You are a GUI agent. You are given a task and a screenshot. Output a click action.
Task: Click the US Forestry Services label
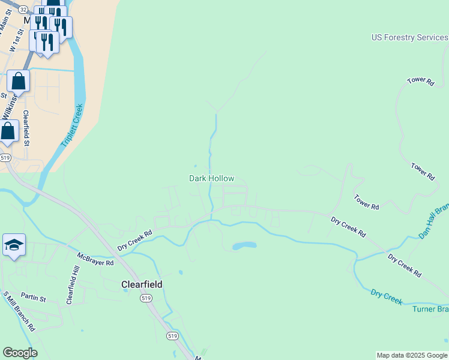pyautogui.click(x=409, y=37)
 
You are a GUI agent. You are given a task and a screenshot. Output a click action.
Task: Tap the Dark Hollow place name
pyautogui.click(x=211, y=178)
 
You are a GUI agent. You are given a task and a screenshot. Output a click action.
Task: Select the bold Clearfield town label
pyautogui.click(x=142, y=284)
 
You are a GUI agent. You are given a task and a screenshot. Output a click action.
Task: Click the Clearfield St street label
pyautogui.click(x=26, y=128)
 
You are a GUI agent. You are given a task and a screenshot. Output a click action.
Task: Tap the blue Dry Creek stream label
pyautogui.click(x=386, y=296)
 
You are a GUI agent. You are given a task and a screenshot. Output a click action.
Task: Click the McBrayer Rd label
pyautogui.click(x=95, y=259)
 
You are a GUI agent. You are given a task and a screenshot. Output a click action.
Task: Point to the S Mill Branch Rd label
pyautogui.click(x=19, y=312)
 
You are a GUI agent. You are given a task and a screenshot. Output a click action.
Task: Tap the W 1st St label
pyautogui.click(x=16, y=40)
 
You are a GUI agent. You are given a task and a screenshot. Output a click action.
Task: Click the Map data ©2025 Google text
pyautogui.click(x=411, y=355)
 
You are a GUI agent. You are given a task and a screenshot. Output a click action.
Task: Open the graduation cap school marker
pyautogui.click(x=14, y=245)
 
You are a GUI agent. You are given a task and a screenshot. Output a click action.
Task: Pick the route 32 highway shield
pyautogui.click(x=23, y=10)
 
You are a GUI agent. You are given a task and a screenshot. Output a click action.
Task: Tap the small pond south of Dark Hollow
pyautogui.click(x=244, y=245)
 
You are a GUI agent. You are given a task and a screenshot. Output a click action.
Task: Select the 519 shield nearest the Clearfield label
pyautogui.click(x=145, y=298)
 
